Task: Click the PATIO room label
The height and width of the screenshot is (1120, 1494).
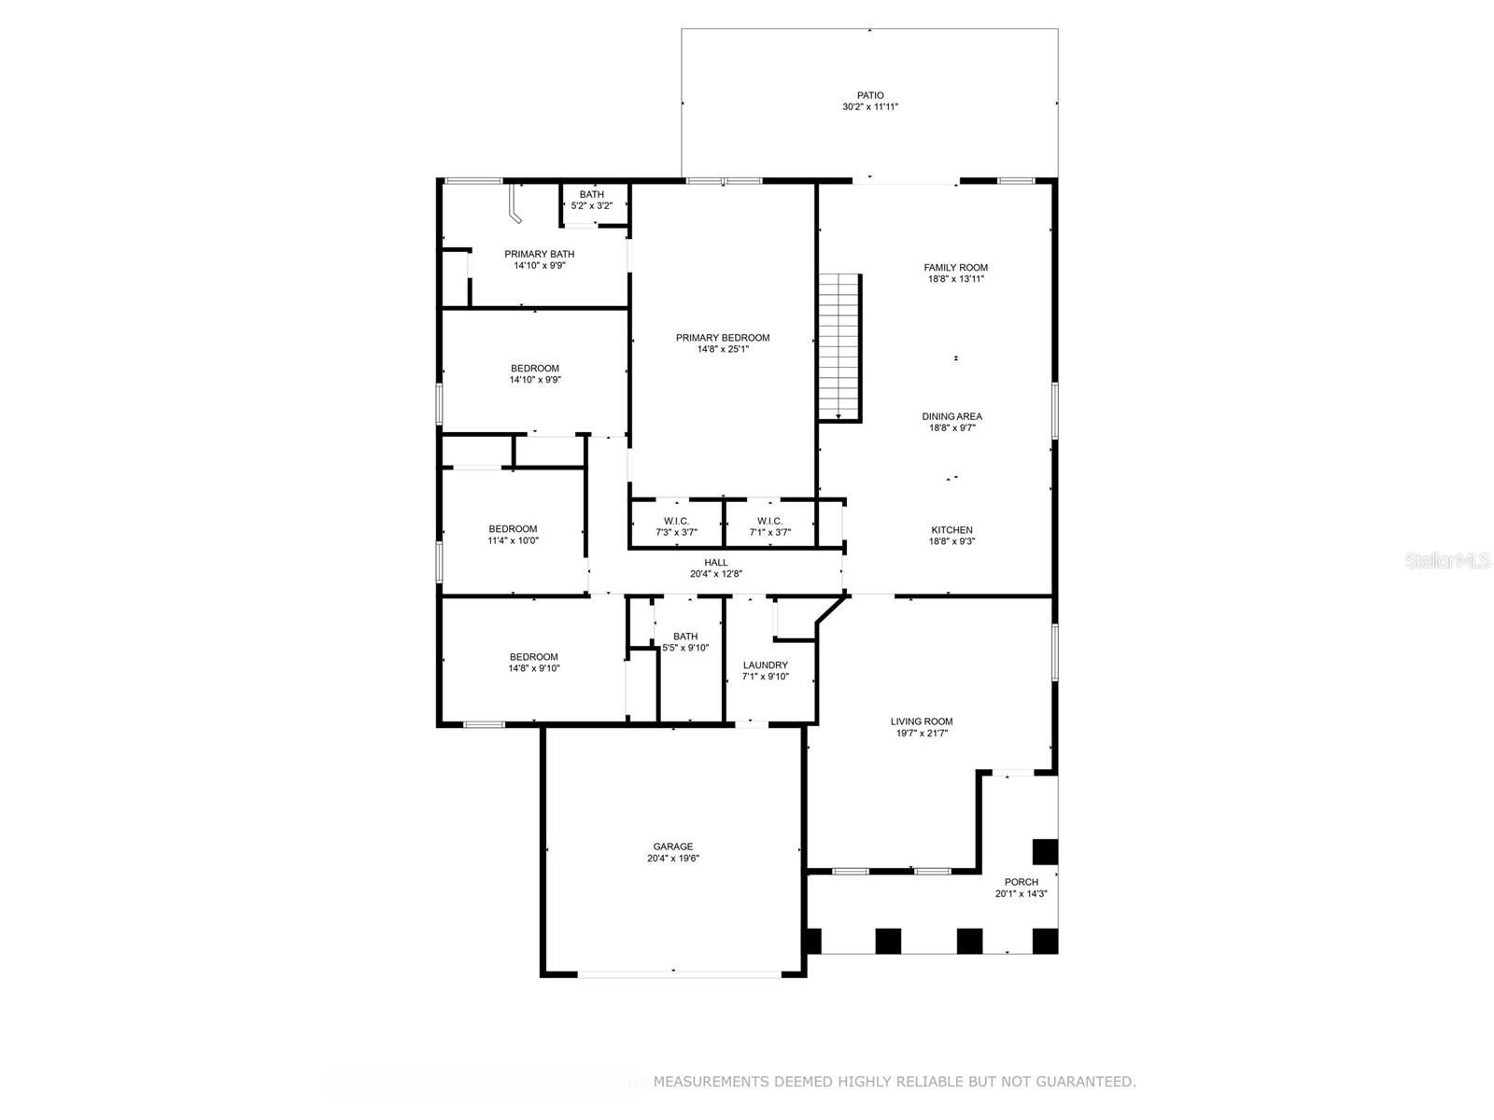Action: tap(870, 95)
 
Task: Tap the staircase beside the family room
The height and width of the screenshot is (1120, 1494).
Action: tap(839, 347)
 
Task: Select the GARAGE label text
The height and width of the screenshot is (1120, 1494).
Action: tap(672, 846)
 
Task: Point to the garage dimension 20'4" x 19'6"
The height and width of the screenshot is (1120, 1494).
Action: tap(672, 858)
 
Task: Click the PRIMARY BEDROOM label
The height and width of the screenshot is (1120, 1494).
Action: tap(722, 337)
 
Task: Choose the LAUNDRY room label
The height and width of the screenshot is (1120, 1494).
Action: tap(765, 665)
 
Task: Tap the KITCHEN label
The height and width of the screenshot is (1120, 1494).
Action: tap(951, 530)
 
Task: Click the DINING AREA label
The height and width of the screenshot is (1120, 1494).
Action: tap(951, 416)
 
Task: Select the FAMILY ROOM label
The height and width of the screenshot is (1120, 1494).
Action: tap(955, 267)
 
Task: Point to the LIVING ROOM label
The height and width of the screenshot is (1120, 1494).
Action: tap(922, 721)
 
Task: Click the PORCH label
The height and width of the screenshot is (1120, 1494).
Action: tap(1021, 881)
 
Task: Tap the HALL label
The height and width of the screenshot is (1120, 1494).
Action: tap(715, 563)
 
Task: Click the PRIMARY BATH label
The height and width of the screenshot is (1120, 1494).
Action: tap(539, 254)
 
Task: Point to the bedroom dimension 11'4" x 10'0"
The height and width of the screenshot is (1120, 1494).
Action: tap(513, 540)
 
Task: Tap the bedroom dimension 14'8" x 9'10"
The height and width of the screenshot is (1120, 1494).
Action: tap(533, 668)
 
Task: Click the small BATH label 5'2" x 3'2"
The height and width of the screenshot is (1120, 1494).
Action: tap(591, 200)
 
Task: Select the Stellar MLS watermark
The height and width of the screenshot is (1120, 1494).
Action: tap(1447, 560)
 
